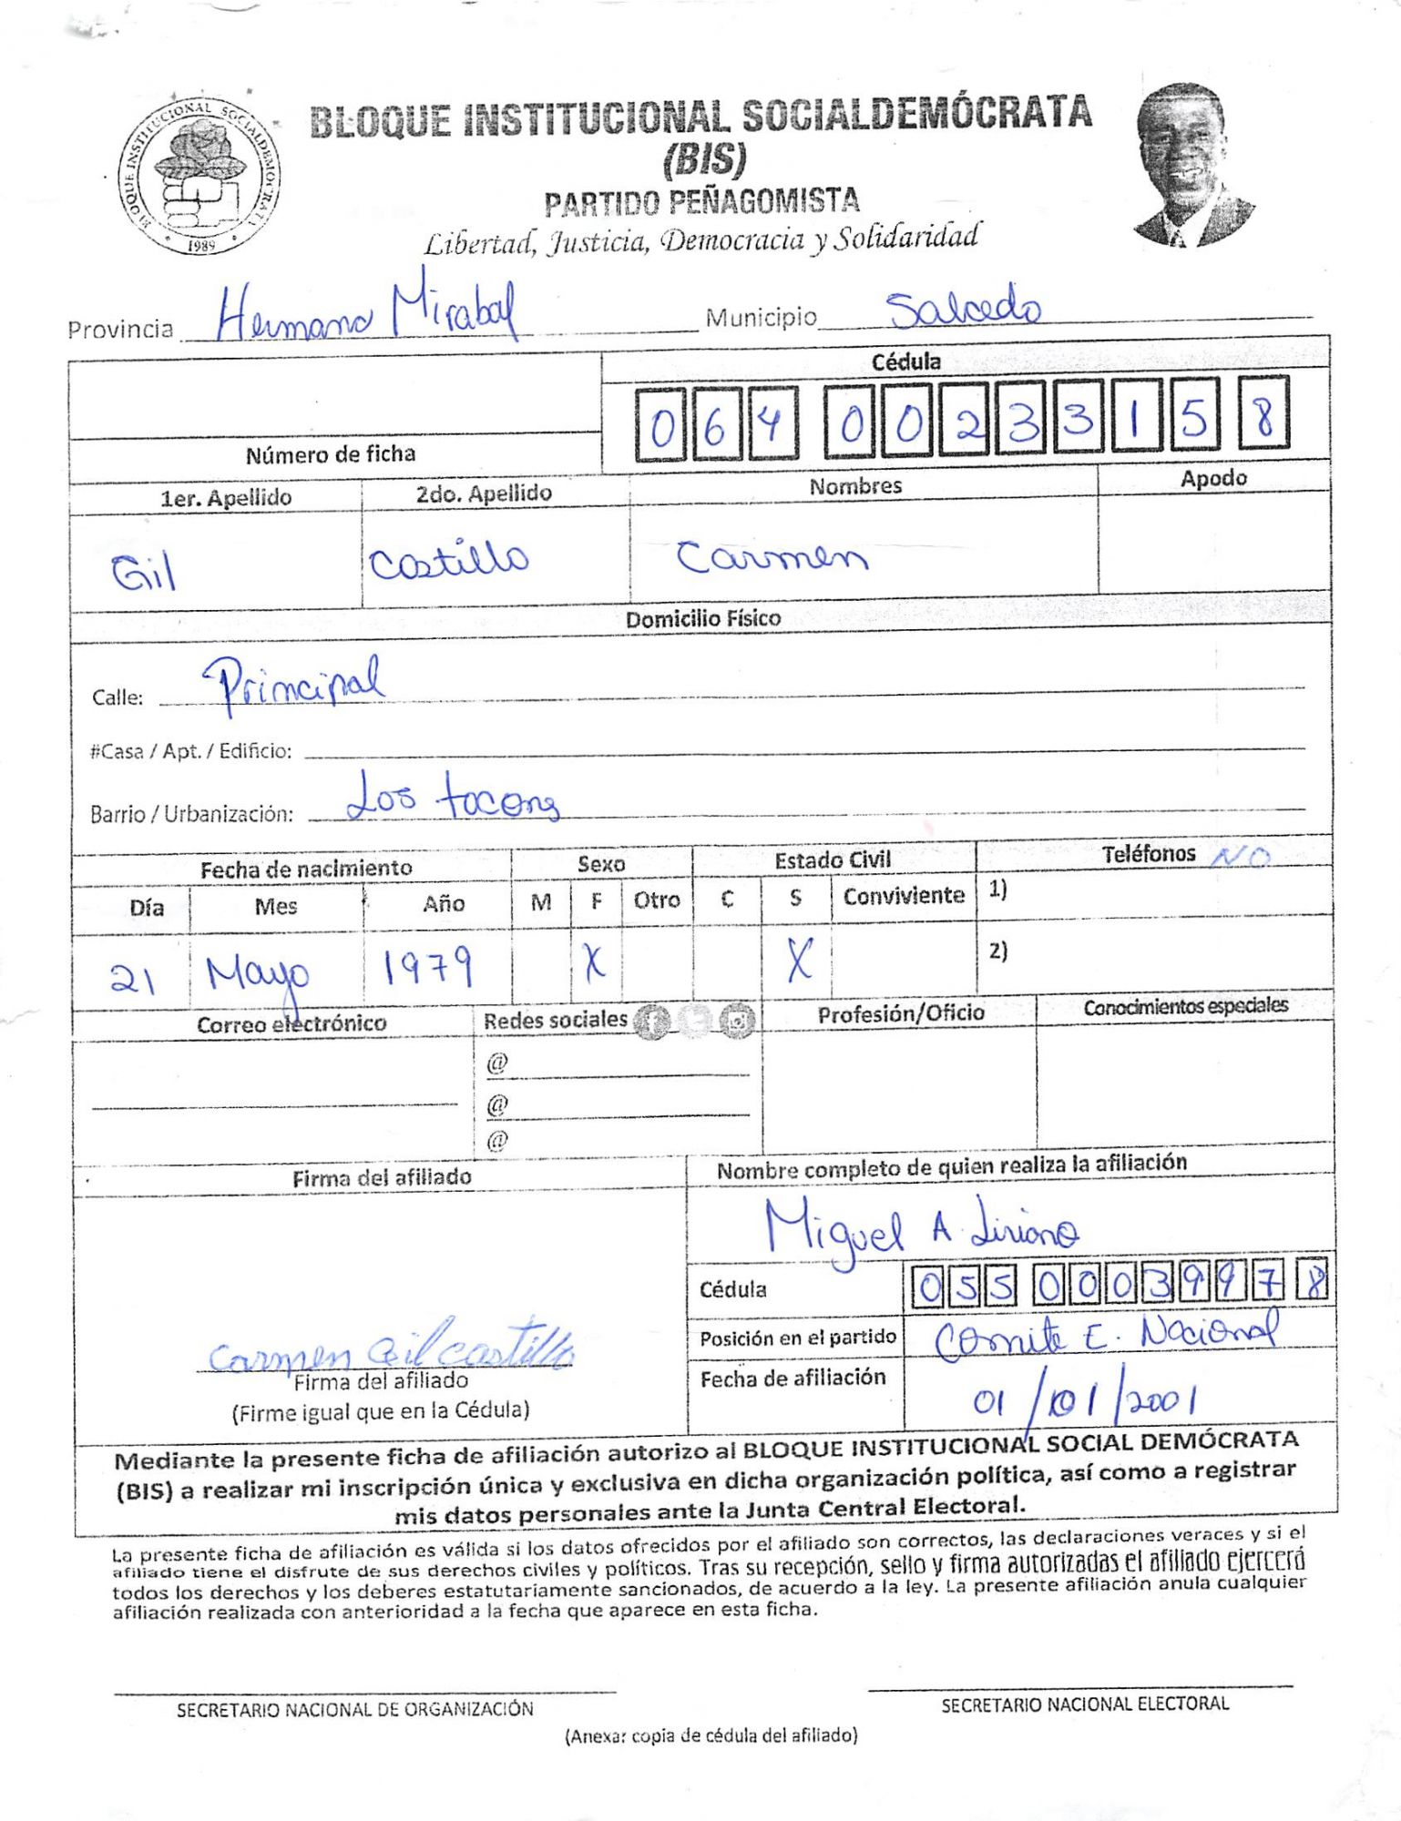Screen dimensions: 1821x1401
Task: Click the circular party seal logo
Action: click(199, 176)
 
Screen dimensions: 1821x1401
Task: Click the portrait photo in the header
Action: click(1189, 165)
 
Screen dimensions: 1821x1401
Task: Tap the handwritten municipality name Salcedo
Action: click(963, 310)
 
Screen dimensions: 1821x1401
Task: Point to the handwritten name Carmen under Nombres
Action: click(771, 556)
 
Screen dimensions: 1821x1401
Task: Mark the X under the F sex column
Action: click(594, 962)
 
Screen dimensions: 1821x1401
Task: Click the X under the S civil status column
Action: click(799, 960)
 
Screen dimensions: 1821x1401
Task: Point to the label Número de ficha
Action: click(330, 453)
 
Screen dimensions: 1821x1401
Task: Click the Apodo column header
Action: click(1213, 478)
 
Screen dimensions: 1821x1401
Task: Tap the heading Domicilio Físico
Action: click(702, 619)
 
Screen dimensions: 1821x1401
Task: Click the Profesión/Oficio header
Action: click(900, 1013)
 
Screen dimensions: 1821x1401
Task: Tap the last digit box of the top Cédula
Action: click(1263, 415)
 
